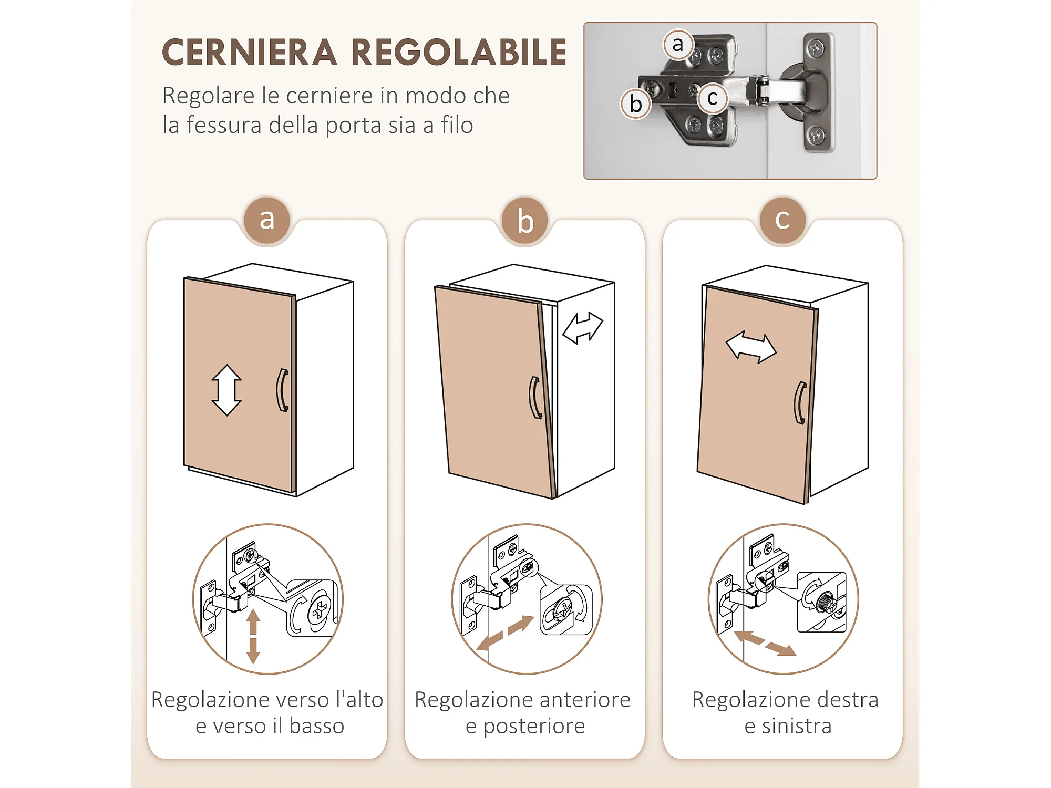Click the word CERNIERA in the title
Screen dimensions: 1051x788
tap(250, 53)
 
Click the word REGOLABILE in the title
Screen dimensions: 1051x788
tap(459, 53)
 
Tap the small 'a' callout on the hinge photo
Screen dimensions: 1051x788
tap(678, 45)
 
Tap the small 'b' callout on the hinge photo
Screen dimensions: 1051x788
tap(636, 103)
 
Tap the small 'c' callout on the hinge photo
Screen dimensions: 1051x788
tap(713, 98)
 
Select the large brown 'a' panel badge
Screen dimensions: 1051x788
tap(267, 220)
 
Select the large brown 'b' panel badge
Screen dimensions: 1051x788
tap(525, 220)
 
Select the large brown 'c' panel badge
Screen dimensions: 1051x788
tap(782, 220)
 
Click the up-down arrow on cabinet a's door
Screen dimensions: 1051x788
tap(226, 390)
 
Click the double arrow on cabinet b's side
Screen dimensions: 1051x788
tap(583, 328)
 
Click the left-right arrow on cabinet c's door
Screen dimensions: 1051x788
tap(751, 347)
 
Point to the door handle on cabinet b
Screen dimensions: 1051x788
tap(535, 398)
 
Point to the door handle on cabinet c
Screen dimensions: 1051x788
tap(800, 402)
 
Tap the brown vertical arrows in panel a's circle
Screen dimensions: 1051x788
tap(253, 636)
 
